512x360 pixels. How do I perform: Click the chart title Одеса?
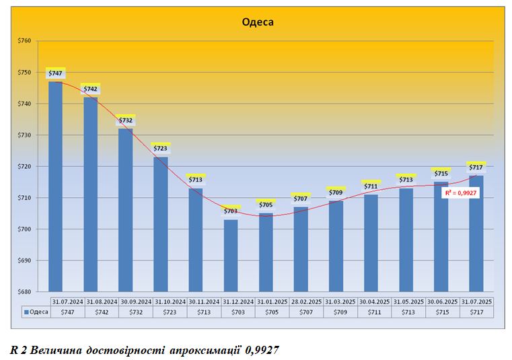258,22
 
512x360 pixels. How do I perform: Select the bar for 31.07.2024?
55,188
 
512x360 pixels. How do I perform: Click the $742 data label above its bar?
90,89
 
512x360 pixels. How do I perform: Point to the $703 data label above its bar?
231,211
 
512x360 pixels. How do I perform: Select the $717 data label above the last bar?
476,167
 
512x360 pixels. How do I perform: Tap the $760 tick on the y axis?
24,41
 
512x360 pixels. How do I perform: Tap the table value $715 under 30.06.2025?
441,312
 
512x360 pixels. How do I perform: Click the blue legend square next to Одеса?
26,312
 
